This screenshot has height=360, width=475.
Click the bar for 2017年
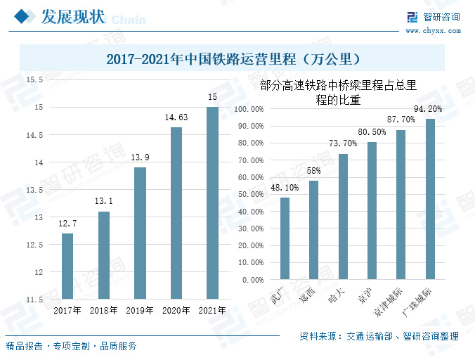(67, 266)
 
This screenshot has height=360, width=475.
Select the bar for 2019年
(140, 233)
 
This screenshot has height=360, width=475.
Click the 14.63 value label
(176, 118)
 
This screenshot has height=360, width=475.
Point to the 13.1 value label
(104, 202)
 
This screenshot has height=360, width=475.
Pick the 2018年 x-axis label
(104, 310)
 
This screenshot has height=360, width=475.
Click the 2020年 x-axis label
(176, 310)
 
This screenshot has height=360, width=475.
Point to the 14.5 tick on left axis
(34, 135)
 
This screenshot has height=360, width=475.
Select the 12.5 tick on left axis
(34, 245)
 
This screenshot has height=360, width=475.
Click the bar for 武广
(285, 238)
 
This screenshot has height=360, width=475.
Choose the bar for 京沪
(372, 210)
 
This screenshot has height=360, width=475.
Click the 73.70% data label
(343, 143)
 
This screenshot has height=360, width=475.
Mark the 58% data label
(313, 170)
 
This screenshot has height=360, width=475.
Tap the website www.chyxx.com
(431, 30)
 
